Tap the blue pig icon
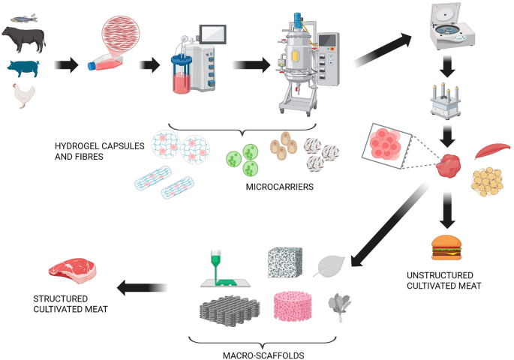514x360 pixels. [24, 67]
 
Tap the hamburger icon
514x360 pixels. [447, 247]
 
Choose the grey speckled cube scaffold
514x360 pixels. [287, 263]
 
